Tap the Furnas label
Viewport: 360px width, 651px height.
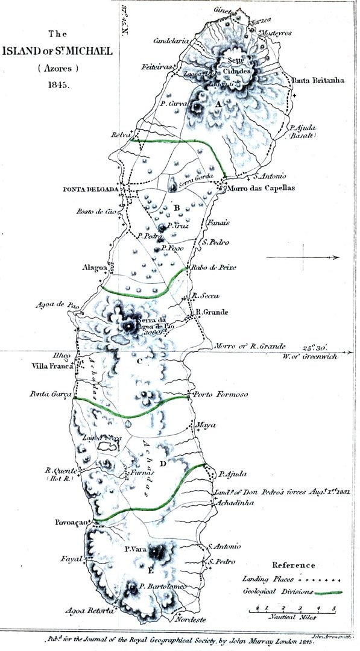(x=139, y=474)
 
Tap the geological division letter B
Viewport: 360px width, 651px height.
(x=176, y=209)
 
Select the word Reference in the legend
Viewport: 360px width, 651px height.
(x=294, y=565)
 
